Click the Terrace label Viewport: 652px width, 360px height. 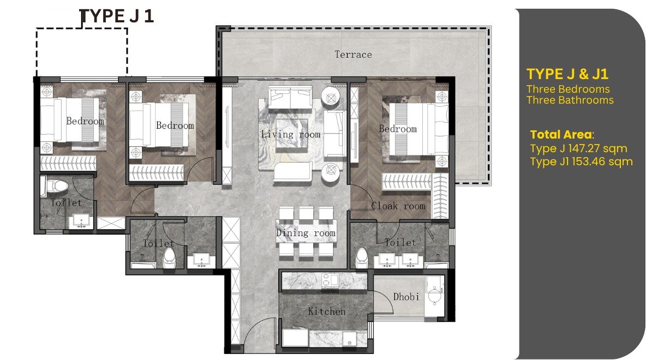[353, 55]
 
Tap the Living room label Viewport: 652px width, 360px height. [291, 134]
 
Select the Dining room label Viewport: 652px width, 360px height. [306, 233]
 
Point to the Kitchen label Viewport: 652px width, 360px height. [327, 311]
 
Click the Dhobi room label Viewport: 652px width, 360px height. [406, 297]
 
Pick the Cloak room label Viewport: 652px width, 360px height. [398, 206]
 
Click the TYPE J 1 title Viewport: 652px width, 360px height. [117, 16]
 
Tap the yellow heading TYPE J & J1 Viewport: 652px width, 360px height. [567, 74]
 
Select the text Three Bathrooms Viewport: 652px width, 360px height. [570, 100]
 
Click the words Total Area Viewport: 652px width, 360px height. [561, 135]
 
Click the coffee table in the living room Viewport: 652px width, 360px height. [291, 134]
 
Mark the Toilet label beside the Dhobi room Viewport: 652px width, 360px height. [400, 242]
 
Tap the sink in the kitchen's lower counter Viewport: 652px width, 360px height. [349, 338]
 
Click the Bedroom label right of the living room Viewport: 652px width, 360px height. [398, 129]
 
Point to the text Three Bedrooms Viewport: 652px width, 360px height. [568, 89]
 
